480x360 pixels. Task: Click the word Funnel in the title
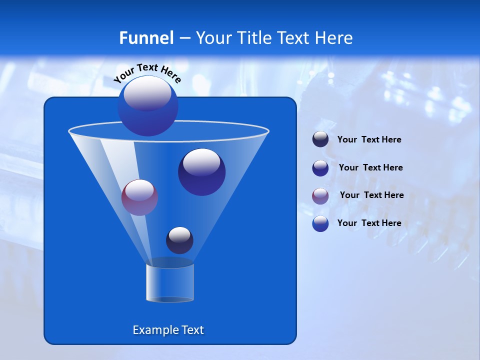tap(146, 38)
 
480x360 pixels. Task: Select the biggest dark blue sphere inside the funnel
tap(202, 172)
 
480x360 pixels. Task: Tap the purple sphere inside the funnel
tap(139, 197)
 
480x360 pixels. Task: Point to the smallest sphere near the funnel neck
tap(179, 240)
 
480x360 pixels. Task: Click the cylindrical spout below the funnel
tap(170, 282)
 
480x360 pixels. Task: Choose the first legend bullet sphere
tap(320, 139)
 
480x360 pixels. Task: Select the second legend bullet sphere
tap(320, 167)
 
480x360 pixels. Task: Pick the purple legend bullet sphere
tap(320, 195)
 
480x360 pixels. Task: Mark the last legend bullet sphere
tap(320, 223)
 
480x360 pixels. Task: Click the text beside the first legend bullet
tap(369, 140)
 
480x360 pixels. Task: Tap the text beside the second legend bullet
tap(370, 168)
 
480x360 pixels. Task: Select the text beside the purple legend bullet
tap(371, 195)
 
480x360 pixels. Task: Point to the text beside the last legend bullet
tap(369, 223)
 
